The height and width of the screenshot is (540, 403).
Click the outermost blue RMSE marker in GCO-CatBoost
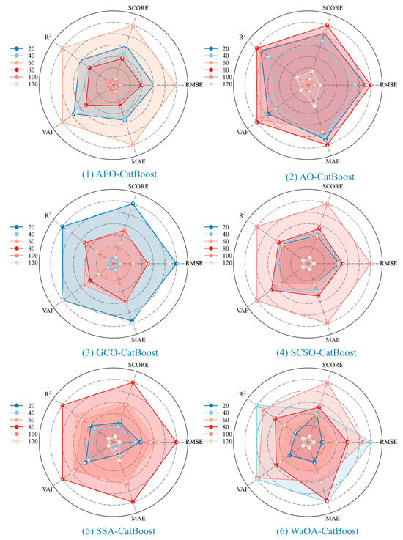(x=176, y=264)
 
